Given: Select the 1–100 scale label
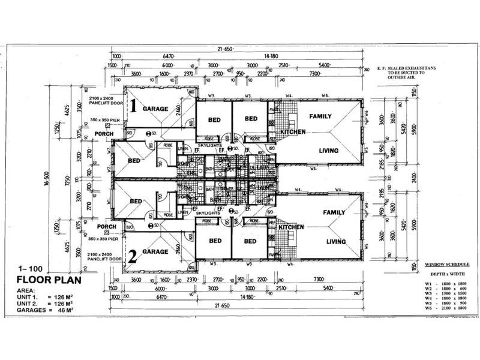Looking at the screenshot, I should (29, 269).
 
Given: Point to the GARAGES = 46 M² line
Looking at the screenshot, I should (46, 310).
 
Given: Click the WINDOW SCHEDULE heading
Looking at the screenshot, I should (447, 264).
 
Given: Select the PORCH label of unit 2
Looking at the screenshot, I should (107, 227).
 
